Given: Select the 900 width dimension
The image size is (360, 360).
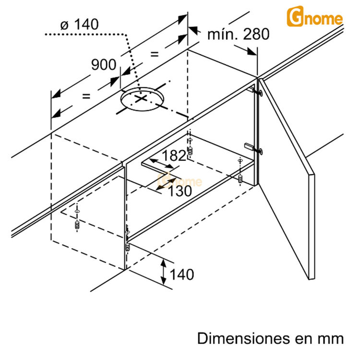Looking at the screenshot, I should tap(103, 64).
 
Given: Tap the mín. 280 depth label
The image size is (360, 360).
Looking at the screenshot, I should tap(238, 35).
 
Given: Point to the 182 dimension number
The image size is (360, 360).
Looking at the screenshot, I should tap(174, 156).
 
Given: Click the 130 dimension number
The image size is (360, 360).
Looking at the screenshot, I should tap(179, 191).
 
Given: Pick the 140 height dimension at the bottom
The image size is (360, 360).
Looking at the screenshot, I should tap(181, 275).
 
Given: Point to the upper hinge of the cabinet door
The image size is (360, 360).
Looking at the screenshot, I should tap(256, 91).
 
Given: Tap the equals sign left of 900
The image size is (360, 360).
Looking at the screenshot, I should tap(86, 96).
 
